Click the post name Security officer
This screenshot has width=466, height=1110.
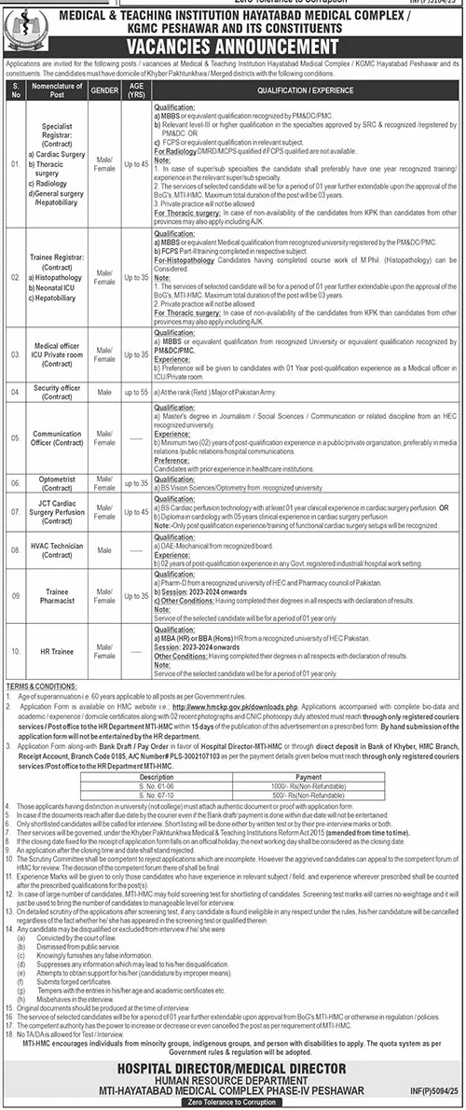pyautogui.click(x=57, y=392)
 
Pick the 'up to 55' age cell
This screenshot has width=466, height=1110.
pyautogui.click(x=136, y=392)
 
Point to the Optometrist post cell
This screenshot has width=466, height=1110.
pyautogui.click(x=57, y=482)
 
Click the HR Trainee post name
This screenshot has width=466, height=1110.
pyautogui.click(x=57, y=644)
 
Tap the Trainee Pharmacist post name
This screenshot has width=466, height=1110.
pyautogui.click(x=57, y=596)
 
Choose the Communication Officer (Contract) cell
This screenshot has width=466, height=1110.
pyautogui.click(x=57, y=438)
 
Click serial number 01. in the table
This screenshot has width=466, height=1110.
pyautogui.click(x=15, y=166)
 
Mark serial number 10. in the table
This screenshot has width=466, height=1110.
pyautogui.click(x=15, y=644)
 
